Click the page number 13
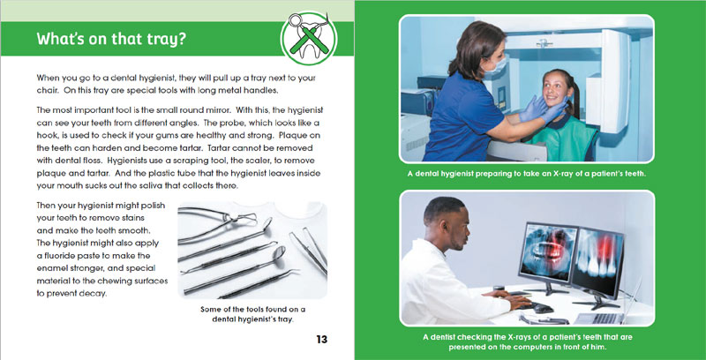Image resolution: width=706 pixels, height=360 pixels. coord(322,339)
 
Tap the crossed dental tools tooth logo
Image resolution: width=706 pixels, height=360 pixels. coord(309,38)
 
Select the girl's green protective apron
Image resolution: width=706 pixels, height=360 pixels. coord(563,137)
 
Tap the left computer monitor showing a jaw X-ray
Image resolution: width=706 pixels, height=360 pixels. coord(548,252)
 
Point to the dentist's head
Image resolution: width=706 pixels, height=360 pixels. coord(447,223)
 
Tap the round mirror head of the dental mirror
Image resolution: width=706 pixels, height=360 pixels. coord(280,252)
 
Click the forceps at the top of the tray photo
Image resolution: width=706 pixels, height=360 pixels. coord(217,222)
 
